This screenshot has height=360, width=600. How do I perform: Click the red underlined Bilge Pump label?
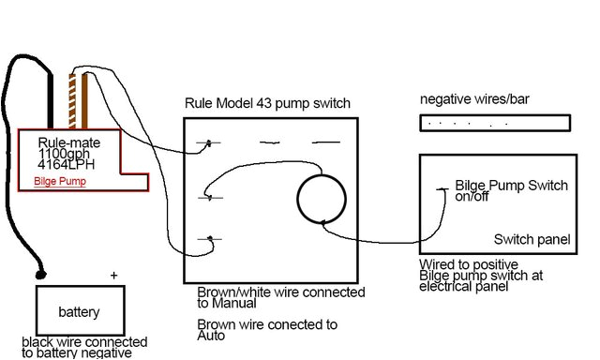coord(60,181)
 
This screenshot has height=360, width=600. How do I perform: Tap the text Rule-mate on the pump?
coord(70,142)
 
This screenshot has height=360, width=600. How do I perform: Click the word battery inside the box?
coord(79,312)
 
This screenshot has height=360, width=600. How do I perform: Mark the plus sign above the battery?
coord(114,276)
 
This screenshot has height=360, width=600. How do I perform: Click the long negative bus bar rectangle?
coord(494,123)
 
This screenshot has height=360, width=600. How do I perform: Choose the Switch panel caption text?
coord(531,240)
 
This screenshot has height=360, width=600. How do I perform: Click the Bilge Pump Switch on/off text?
coord(511,191)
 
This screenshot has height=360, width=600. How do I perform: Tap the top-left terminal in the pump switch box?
coord(209,143)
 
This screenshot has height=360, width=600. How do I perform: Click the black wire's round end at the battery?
coord(39,276)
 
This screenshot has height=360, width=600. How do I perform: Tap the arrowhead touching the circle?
coord(323,222)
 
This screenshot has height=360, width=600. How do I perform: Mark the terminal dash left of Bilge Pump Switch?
coord(442,191)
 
